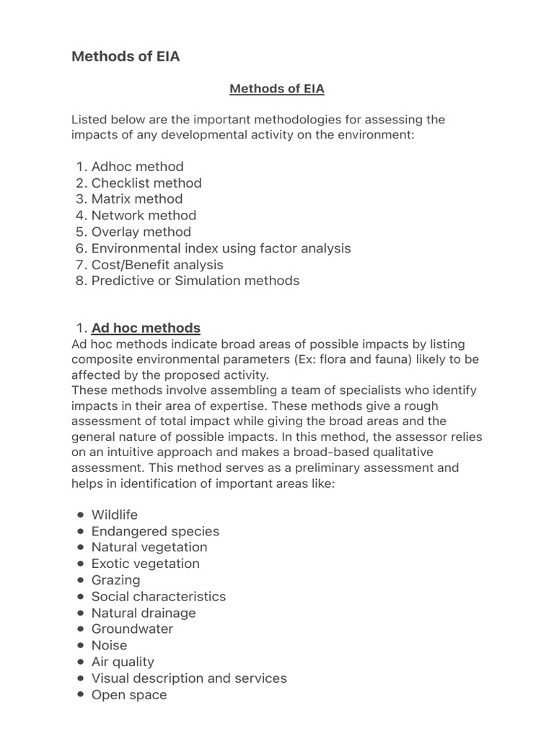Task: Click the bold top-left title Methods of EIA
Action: pyautogui.click(x=126, y=57)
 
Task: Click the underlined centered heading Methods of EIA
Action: pyautogui.click(x=277, y=89)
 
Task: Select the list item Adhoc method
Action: pyautogui.click(x=137, y=167)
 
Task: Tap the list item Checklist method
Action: pyautogui.click(x=146, y=183)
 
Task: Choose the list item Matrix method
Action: pyautogui.click(x=137, y=199)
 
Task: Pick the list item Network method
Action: pyautogui.click(x=144, y=215)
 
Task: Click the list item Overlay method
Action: pyautogui.click(x=141, y=232)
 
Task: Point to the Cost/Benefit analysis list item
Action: pyautogui.click(x=157, y=265)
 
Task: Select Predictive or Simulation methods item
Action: pyautogui.click(x=195, y=281)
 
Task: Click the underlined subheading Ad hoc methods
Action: pyautogui.click(x=146, y=328)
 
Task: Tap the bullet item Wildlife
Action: pyautogui.click(x=115, y=515)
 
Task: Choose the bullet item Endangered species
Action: pyautogui.click(x=155, y=531)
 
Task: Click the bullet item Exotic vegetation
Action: pyautogui.click(x=145, y=564)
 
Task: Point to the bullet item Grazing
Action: pyautogui.click(x=115, y=580)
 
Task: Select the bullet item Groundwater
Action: pyautogui.click(x=132, y=629)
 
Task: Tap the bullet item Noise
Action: pyautogui.click(x=109, y=645)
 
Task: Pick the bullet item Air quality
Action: pyautogui.click(x=123, y=662)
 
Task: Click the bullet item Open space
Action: pyautogui.click(x=128, y=695)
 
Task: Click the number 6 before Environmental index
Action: pyautogui.click(x=81, y=248)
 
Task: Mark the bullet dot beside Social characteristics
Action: pyautogui.click(x=79, y=597)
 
